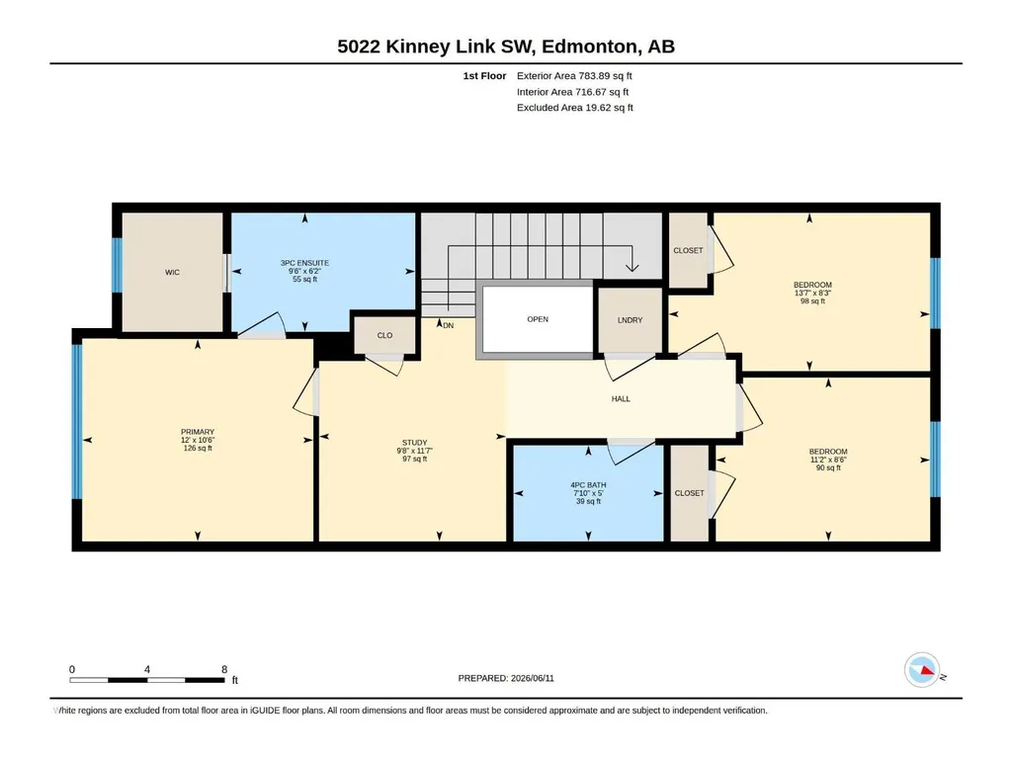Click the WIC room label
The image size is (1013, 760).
pos(173,272)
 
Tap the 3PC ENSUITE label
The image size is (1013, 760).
pos(305,263)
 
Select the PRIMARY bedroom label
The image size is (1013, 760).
pos(198,432)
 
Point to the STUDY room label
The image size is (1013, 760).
pos(415,443)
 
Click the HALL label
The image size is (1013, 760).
pos(621,398)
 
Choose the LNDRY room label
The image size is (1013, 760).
pos(630,320)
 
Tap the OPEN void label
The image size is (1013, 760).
pos(538,319)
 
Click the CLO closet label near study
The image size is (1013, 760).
pos(385,335)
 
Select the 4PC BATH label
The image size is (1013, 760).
pos(589,484)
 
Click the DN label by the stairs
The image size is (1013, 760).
pos(449,326)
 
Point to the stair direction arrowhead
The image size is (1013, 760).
pos(632,267)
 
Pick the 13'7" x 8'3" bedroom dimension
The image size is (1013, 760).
pos(812,293)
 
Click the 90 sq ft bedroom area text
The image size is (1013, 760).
pos(828,467)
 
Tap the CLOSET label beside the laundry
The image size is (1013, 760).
pos(688,250)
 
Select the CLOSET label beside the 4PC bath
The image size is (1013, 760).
pos(689,493)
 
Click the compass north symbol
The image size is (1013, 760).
pos(922,670)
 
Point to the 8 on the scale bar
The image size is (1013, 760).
pos(224,669)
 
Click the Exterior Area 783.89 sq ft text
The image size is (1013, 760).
pos(574,76)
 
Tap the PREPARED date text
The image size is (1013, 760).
pos(506,678)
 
